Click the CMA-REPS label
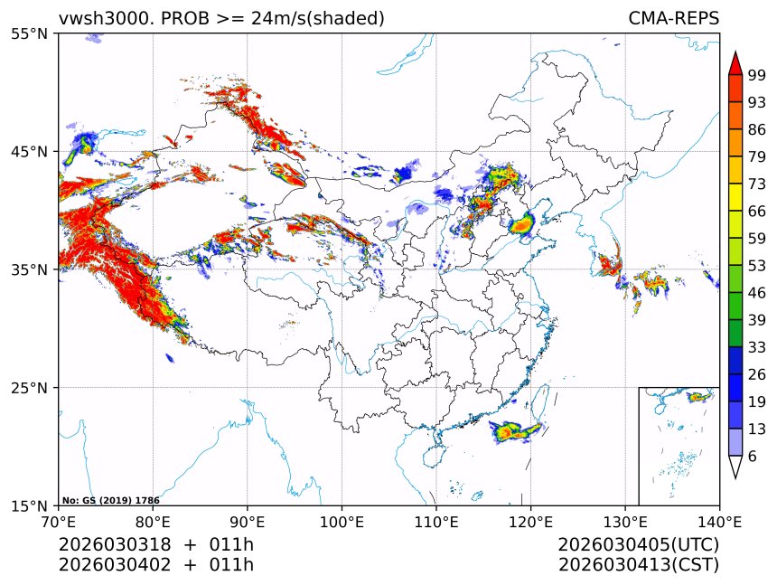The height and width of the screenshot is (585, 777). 673,19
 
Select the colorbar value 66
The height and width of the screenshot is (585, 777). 757,212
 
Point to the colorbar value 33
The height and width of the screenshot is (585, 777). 757,347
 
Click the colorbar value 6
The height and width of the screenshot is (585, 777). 754,457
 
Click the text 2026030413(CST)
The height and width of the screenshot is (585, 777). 638,565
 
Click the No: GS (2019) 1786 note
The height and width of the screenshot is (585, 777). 110,500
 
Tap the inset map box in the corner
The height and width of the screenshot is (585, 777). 679,446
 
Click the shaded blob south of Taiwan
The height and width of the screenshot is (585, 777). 515,432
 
